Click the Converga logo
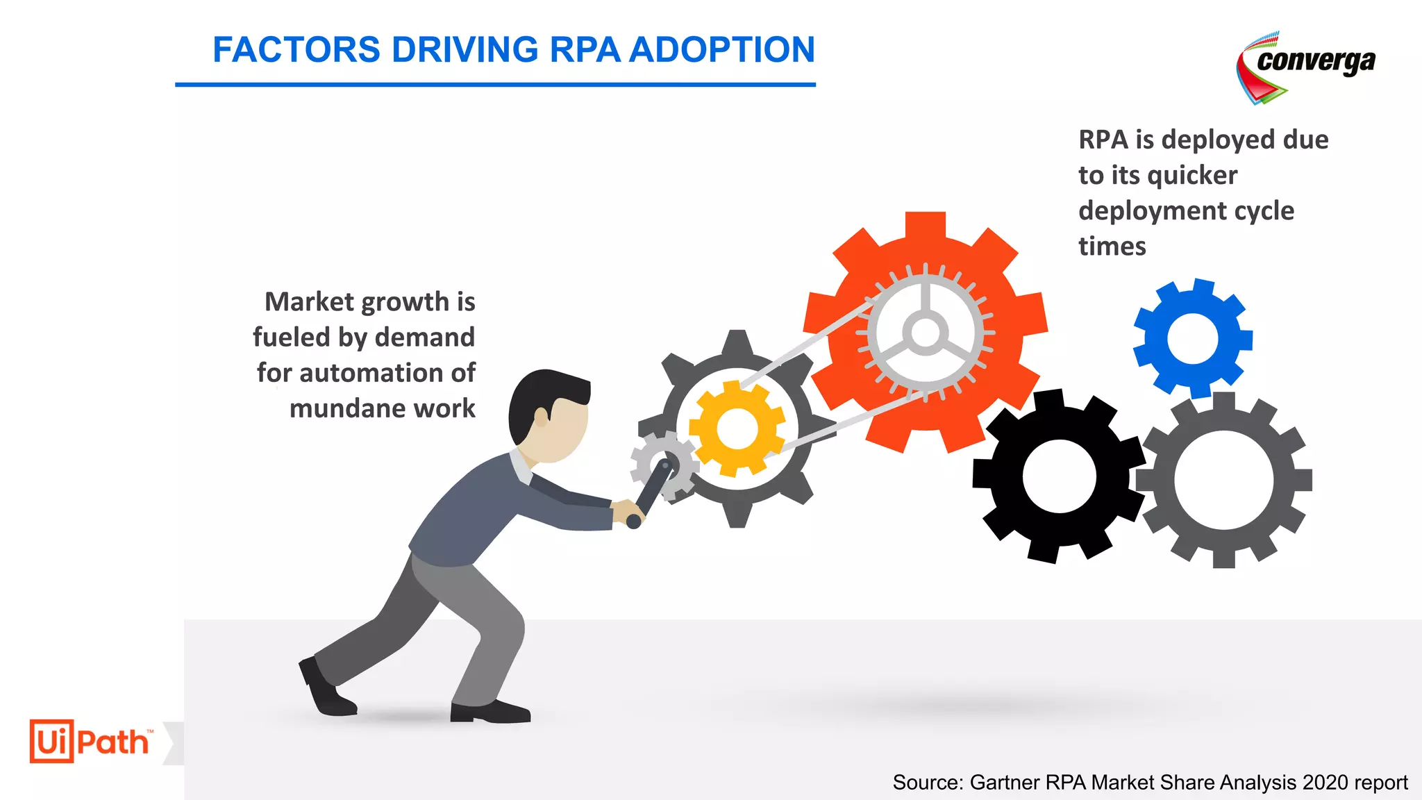coord(1305,67)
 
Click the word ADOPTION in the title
coord(722,50)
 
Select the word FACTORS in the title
coord(296,50)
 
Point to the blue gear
coord(1193,339)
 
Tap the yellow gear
coord(737,428)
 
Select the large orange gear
coord(854,389)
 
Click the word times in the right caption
coord(1112,247)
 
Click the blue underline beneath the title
coord(495,85)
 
